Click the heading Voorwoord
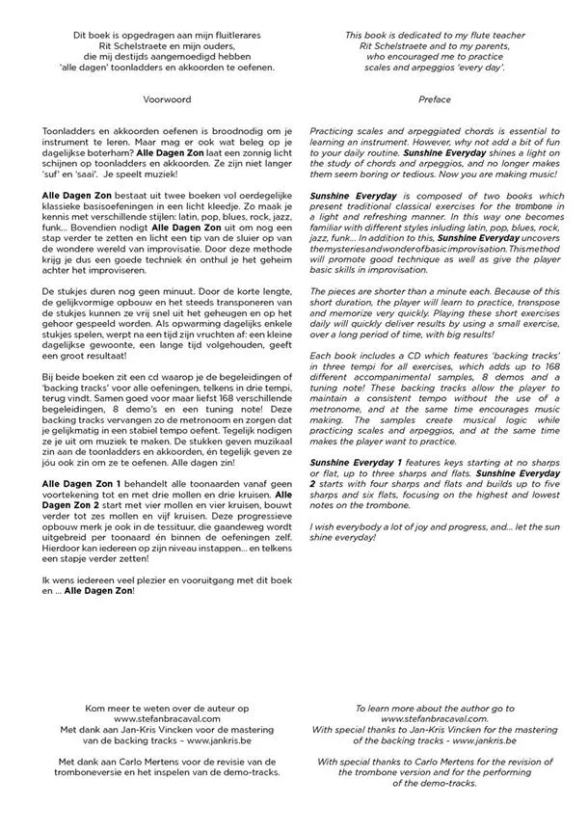click(x=166, y=99)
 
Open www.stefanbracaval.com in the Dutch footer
click(x=166, y=718)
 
